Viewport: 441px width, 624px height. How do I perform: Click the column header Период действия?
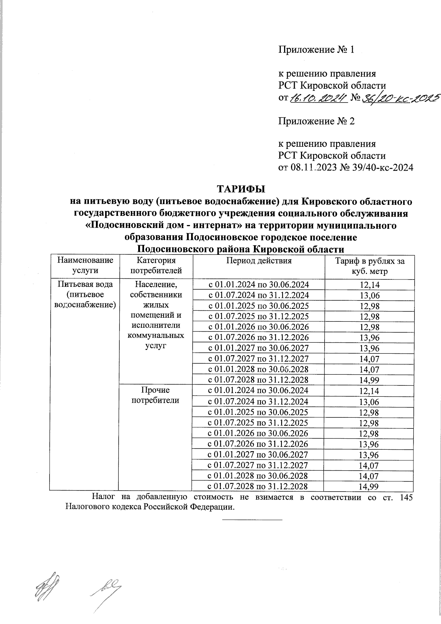(258, 261)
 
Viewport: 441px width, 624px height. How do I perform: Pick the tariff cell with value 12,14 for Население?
(370, 285)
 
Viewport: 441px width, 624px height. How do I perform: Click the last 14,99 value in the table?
(370, 486)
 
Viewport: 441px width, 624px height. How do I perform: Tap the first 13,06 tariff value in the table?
(370, 296)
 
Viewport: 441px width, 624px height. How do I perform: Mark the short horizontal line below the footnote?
(252, 520)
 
